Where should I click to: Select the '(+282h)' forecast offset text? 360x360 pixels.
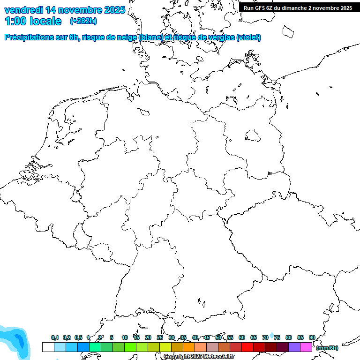pos(83,21)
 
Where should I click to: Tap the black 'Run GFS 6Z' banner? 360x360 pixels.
pos(298,7)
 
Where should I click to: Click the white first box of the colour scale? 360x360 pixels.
pos(48,347)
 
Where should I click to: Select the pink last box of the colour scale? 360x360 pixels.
pos(306,347)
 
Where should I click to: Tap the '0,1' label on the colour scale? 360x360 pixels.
pos(54,337)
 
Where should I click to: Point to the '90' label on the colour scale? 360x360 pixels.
pos(312,337)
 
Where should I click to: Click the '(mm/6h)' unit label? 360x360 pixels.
pos(327,348)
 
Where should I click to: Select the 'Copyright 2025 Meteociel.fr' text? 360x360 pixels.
pos(199,357)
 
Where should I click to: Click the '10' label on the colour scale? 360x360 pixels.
pos(124,337)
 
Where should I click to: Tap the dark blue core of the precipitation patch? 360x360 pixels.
pos(19,339)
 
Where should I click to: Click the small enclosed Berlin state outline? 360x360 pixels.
pos(253,135)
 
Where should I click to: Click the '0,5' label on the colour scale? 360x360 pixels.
pos(78,337)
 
